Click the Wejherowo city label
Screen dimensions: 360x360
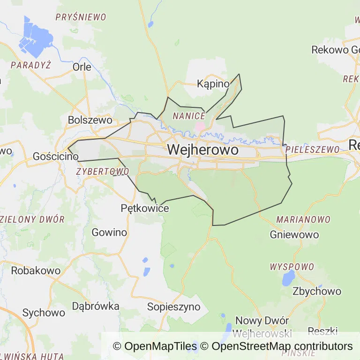tap(202, 150)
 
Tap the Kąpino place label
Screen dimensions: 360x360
tap(213, 84)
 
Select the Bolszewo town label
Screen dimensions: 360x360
tap(90, 120)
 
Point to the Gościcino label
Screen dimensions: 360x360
tap(55, 157)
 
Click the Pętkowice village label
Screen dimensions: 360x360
tap(145, 208)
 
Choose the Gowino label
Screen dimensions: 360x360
tap(109, 232)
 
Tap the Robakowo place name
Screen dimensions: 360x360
tap(36, 270)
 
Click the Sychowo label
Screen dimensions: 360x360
tap(44, 313)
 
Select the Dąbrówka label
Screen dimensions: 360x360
tap(96, 306)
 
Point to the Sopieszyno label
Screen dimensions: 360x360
tap(174, 307)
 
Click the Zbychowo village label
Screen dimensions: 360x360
tap(317, 291)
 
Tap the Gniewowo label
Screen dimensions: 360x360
tap(294, 234)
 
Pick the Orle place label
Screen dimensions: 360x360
tap(82, 67)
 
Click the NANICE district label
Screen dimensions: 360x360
tap(189, 116)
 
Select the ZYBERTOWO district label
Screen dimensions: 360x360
tap(102, 172)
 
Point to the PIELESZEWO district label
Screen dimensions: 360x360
tap(312, 150)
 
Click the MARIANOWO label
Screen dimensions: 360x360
tap(303, 219)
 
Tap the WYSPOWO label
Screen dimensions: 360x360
tap(292, 267)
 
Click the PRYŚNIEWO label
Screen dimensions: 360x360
tap(81, 17)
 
